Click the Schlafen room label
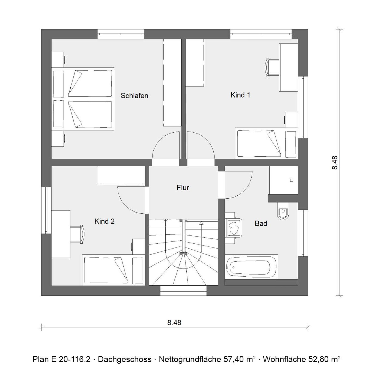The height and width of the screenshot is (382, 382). coord(135,96)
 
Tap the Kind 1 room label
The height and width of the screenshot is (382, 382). coord(240,95)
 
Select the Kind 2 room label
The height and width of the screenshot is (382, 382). coord(105,222)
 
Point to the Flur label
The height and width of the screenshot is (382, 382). coord(183,187)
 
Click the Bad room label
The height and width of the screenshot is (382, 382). coord(261,224)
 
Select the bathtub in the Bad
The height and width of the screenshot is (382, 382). coord(251,267)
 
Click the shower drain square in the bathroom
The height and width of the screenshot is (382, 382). coord(291,180)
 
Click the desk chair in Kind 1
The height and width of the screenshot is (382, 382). coord(272,68)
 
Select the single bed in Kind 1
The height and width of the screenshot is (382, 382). coord(266,143)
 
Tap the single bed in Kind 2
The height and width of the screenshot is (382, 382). coord(114,270)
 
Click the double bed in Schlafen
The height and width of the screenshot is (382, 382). coord(83,99)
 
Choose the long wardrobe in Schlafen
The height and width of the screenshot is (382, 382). coord(172,83)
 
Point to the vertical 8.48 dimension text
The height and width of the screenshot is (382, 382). coord(335,163)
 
